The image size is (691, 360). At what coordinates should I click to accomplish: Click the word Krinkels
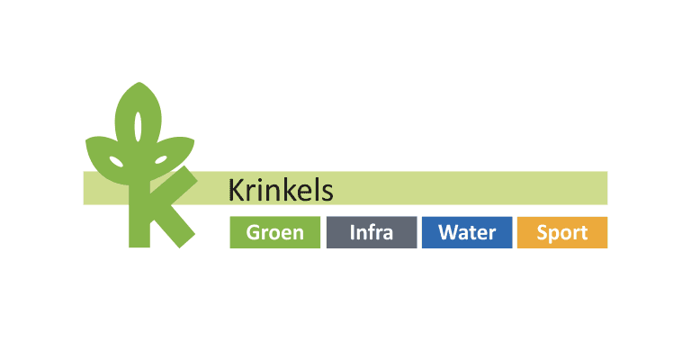tap(281, 190)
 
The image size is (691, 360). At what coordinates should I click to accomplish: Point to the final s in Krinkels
tap(328, 193)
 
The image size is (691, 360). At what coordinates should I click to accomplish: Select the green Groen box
tap(274, 232)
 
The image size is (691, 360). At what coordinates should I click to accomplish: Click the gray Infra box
tap(371, 232)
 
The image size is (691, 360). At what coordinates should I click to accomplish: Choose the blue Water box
tap(466, 232)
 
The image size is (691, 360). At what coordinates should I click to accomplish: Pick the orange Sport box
tap(562, 232)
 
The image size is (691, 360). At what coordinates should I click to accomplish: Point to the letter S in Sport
tap(543, 232)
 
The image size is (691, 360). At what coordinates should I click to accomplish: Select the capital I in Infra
tap(353, 232)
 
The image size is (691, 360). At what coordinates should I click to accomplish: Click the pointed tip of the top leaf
tap(139, 84)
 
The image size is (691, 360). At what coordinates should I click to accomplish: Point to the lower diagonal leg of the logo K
tap(175, 225)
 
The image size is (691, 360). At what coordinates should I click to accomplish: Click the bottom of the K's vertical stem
tap(139, 241)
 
